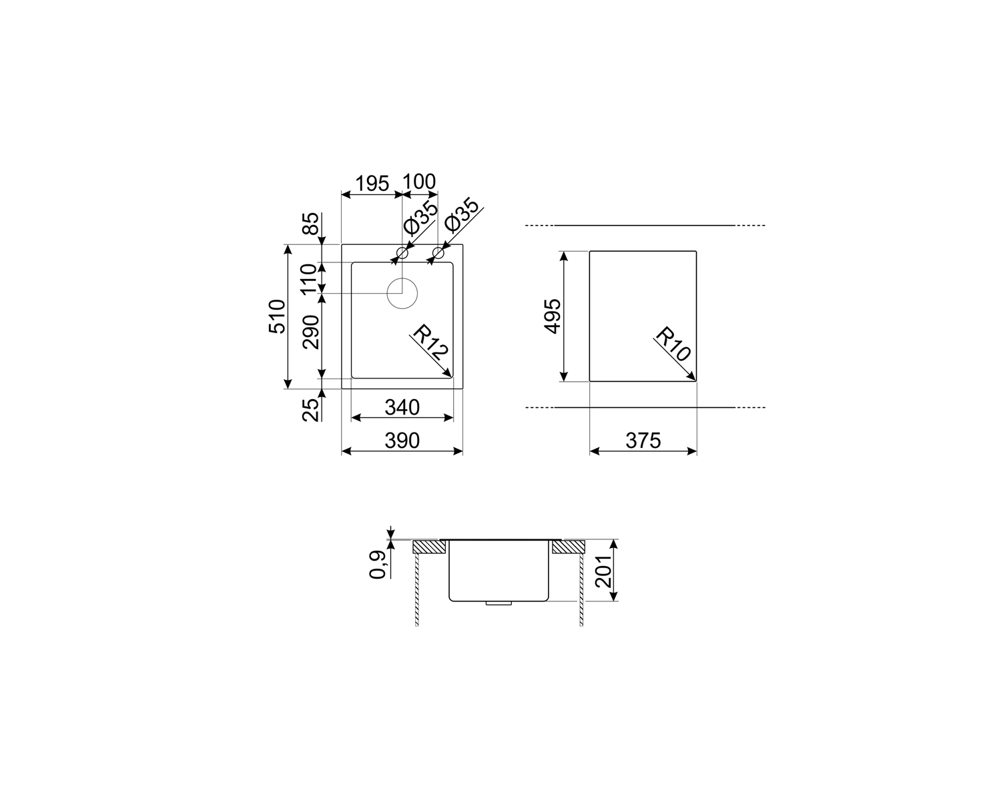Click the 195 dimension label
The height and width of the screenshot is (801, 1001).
(372, 184)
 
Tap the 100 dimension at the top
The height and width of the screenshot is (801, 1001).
(419, 182)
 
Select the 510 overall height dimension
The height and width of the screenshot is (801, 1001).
(277, 316)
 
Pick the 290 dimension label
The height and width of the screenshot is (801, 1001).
(311, 332)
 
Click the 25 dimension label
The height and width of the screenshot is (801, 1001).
(311, 411)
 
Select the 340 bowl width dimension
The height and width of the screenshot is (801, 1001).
(402, 408)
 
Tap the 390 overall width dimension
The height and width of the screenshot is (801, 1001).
(402, 441)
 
